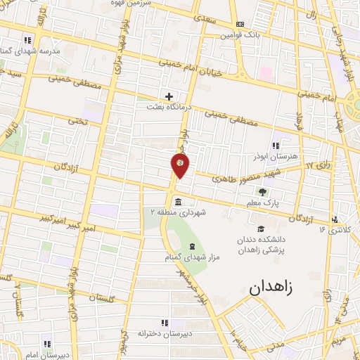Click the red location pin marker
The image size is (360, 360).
click(180, 165)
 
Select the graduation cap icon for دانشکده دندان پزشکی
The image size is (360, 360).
click(262, 229)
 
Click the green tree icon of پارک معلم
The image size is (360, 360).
click(262, 192)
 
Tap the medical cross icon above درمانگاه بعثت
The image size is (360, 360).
click(169, 96)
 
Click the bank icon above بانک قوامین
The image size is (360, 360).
click(240, 24)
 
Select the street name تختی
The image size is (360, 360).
click(78, 122)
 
